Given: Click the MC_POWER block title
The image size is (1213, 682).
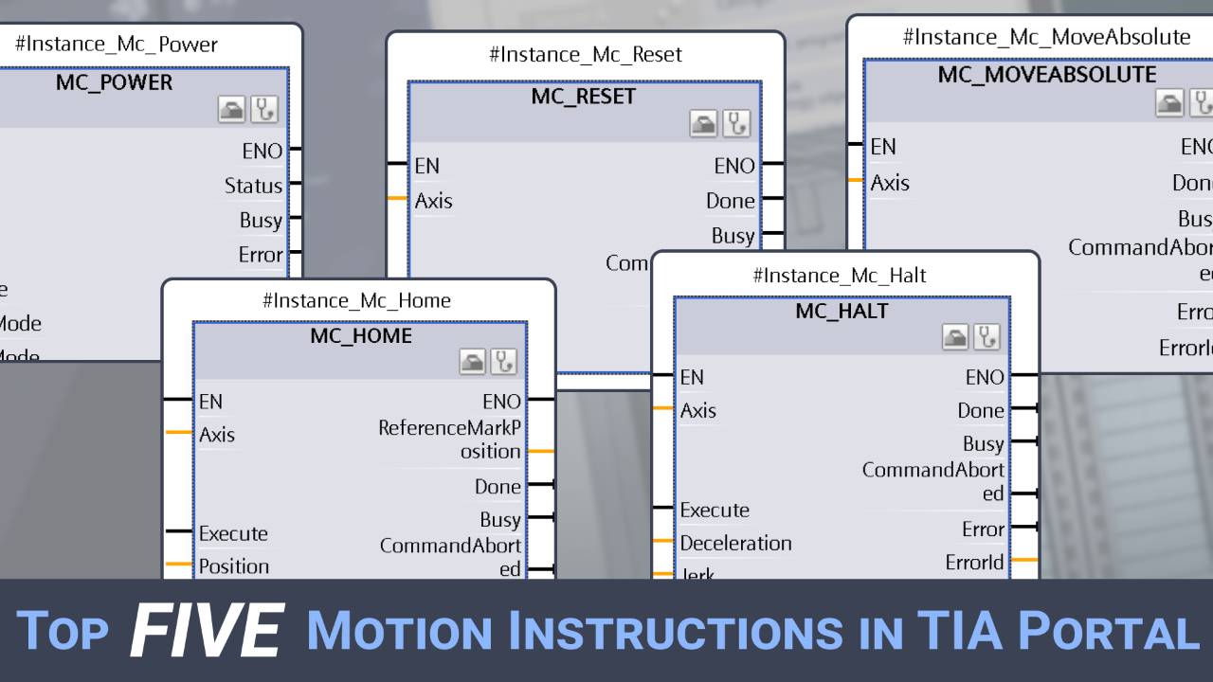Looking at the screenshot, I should (114, 82).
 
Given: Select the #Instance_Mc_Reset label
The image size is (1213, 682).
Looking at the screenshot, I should (585, 55).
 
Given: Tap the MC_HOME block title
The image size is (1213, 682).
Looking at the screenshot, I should (360, 335).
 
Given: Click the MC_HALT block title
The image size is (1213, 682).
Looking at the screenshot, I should (842, 311).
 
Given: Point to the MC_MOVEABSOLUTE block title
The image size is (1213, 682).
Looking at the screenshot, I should (1046, 75).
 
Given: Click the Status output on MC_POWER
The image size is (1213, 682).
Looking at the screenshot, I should (253, 186).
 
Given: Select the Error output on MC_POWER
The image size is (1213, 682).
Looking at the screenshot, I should (261, 255).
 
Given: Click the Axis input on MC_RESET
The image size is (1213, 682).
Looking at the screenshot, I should (434, 201).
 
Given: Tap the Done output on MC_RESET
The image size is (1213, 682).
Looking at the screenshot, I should (731, 201).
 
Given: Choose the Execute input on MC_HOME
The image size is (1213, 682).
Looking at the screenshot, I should (233, 533).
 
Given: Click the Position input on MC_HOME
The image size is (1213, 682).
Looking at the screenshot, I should (234, 566).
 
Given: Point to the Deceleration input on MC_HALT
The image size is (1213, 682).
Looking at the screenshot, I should (735, 543).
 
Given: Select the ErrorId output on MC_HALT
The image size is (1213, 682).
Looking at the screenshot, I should (974, 562).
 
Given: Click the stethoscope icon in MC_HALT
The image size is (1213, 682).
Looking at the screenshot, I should (987, 336).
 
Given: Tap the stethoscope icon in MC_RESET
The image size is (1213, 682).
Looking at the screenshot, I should (736, 122).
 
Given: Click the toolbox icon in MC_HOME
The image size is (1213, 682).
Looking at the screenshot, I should (472, 361).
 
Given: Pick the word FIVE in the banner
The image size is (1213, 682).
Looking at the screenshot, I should (207, 630).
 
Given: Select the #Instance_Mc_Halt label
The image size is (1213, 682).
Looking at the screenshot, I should (839, 276).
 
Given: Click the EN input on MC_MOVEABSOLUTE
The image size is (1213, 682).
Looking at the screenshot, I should (883, 147).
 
